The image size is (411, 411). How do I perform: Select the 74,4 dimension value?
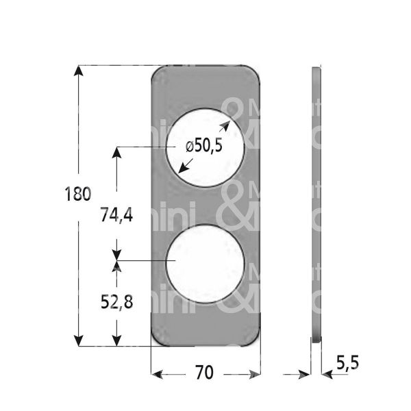(116, 215)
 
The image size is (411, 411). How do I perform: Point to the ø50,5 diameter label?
(204, 147)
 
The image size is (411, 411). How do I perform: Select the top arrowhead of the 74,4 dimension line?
(117, 152)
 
